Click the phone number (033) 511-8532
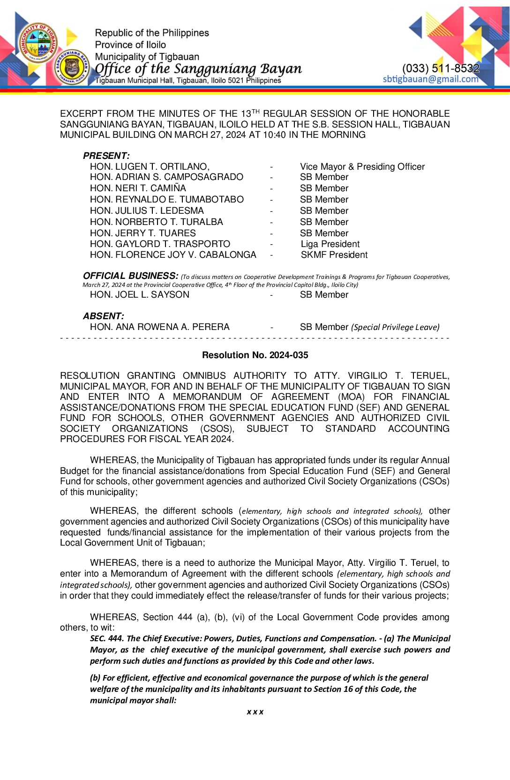441,68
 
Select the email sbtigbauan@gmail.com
430,79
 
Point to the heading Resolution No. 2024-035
255,355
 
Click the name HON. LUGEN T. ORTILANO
150,167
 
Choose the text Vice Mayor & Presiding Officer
362,167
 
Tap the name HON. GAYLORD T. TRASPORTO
160,244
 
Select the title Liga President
330,244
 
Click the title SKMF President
334,255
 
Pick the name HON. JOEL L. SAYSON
140,295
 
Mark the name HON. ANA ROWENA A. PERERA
160,327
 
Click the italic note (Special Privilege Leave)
395,327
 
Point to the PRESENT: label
106,156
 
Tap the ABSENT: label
104,316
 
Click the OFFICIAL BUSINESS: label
131,276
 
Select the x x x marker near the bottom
255,712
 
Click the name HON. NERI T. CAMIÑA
138,188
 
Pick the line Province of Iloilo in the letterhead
130,45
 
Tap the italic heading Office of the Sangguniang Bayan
198,69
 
